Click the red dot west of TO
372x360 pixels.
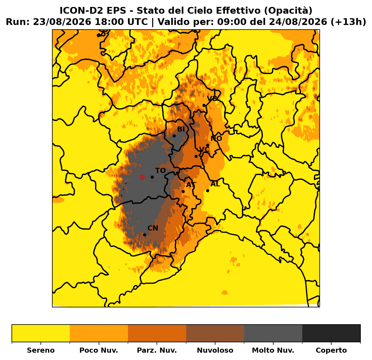(x=142, y=177)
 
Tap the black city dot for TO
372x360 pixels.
(x=152, y=177)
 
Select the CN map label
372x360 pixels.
(x=153, y=228)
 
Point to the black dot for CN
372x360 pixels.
(x=145, y=235)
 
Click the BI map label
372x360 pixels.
(x=181, y=129)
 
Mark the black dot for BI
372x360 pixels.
(x=174, y=136)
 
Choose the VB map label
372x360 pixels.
(x=212, y=99)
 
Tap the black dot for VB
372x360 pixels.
(x=204, y=105)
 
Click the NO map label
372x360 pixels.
(x=216, y=138)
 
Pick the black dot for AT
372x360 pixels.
(x=183, y=191)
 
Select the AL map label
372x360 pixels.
(x=215, y=184)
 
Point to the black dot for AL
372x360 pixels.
(x=208, y=191)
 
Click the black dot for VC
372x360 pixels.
(x=196, y=156)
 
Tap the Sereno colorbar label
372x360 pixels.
(x=41, y=350)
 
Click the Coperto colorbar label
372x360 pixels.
(x=331, y=350)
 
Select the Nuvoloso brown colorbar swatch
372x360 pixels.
(x=215, y=333)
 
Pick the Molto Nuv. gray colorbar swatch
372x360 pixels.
(x=273, y=333)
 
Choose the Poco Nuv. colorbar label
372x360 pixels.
(x=99, y=350)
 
